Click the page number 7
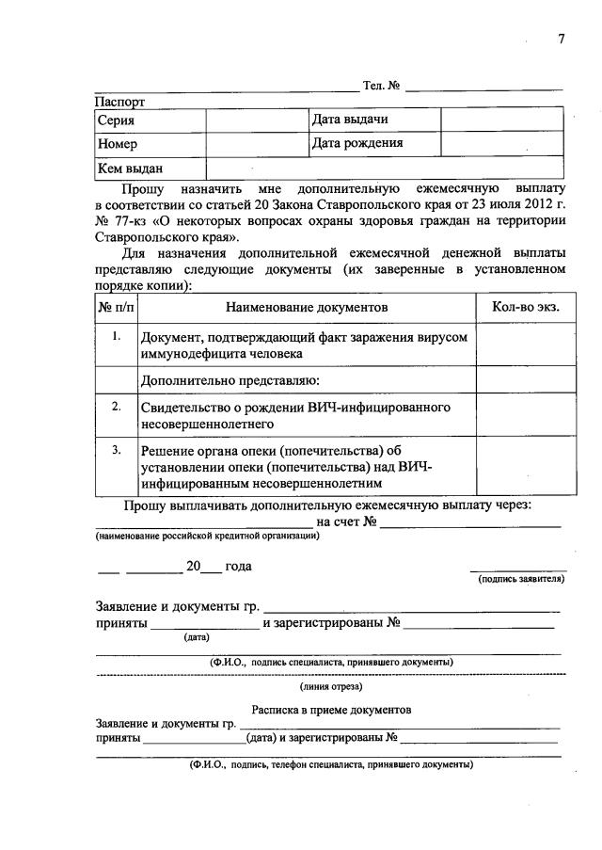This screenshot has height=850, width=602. click(562, 40)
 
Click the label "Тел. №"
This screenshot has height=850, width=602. click(382, 87)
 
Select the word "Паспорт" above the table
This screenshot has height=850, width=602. click(120, 100)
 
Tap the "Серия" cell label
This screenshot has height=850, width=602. click(116, 120)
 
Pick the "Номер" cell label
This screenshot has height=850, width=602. click(118, 145)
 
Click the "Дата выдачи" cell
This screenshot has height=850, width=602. click(350, 120)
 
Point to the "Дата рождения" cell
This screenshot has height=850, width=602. click(357, 144)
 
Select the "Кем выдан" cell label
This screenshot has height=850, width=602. click(131, 169)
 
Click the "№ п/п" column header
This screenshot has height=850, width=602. click(117, 308)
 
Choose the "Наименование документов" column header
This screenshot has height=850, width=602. click(307, 308)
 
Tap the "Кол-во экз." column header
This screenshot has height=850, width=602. click(526, 308)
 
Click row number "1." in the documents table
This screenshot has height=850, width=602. click(117, 336)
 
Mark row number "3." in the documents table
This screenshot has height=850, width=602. click(117, 450)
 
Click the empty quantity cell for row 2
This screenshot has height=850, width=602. click(526, 415)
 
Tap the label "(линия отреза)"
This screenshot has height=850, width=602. click(331, 686)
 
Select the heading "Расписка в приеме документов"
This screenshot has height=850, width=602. click(331, 709)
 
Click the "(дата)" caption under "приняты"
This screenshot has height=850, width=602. click(197, 637)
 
